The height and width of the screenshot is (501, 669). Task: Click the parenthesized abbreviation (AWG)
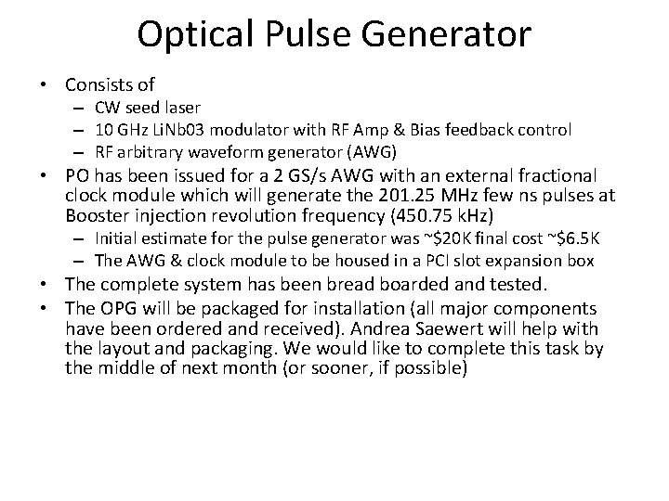point(372,152)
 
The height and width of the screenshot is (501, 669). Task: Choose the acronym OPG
point(118,308)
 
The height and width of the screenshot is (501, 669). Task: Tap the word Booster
point(97,215)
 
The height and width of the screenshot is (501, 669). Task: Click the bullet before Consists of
point(43,85)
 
